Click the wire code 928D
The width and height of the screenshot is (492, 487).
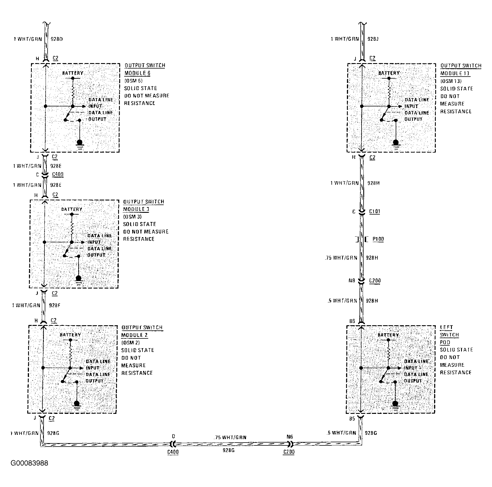(x=56, y=39)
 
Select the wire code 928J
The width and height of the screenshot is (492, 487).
(x=373, y=39)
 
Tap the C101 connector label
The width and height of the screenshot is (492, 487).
(x=374, y=212)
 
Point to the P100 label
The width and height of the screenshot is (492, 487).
(x=378, y=239)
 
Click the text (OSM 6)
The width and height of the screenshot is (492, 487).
(x=133, y=81)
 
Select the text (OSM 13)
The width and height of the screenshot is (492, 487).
(x=451, y=81)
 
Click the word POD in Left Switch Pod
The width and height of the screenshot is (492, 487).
(x=445, y=342)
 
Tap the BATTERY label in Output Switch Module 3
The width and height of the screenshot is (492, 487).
(x=72, y=209)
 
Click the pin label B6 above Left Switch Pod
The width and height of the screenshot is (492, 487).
(x=352, y=321)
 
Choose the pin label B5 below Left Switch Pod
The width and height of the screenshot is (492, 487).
(x=352, y=418)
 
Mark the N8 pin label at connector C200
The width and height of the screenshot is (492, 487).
(x=352, y=280)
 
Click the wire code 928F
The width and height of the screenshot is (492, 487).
(x=54, y=305)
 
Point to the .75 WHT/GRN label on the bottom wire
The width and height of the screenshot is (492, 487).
(x=230, y=437)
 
